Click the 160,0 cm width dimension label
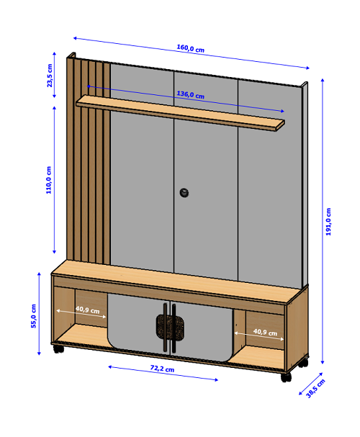point(191,48)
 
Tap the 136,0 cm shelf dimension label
point(191,95)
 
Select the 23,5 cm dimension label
point(50,76)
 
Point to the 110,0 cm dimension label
point(49,180)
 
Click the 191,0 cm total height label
point(328,222)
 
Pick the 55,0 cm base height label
point(33,316)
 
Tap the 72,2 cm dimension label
point(162,369)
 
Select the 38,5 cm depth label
point(315,388)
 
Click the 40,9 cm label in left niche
point(88,310)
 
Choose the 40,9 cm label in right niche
point(265,332)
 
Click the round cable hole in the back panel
point(184,192)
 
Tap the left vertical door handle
point(165,327)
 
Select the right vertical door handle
point(174,328)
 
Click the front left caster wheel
point(59,349)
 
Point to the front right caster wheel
point(286,377)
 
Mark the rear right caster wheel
point(303,363)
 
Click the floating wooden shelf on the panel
point(180,112)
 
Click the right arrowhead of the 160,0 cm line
point(309,68)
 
